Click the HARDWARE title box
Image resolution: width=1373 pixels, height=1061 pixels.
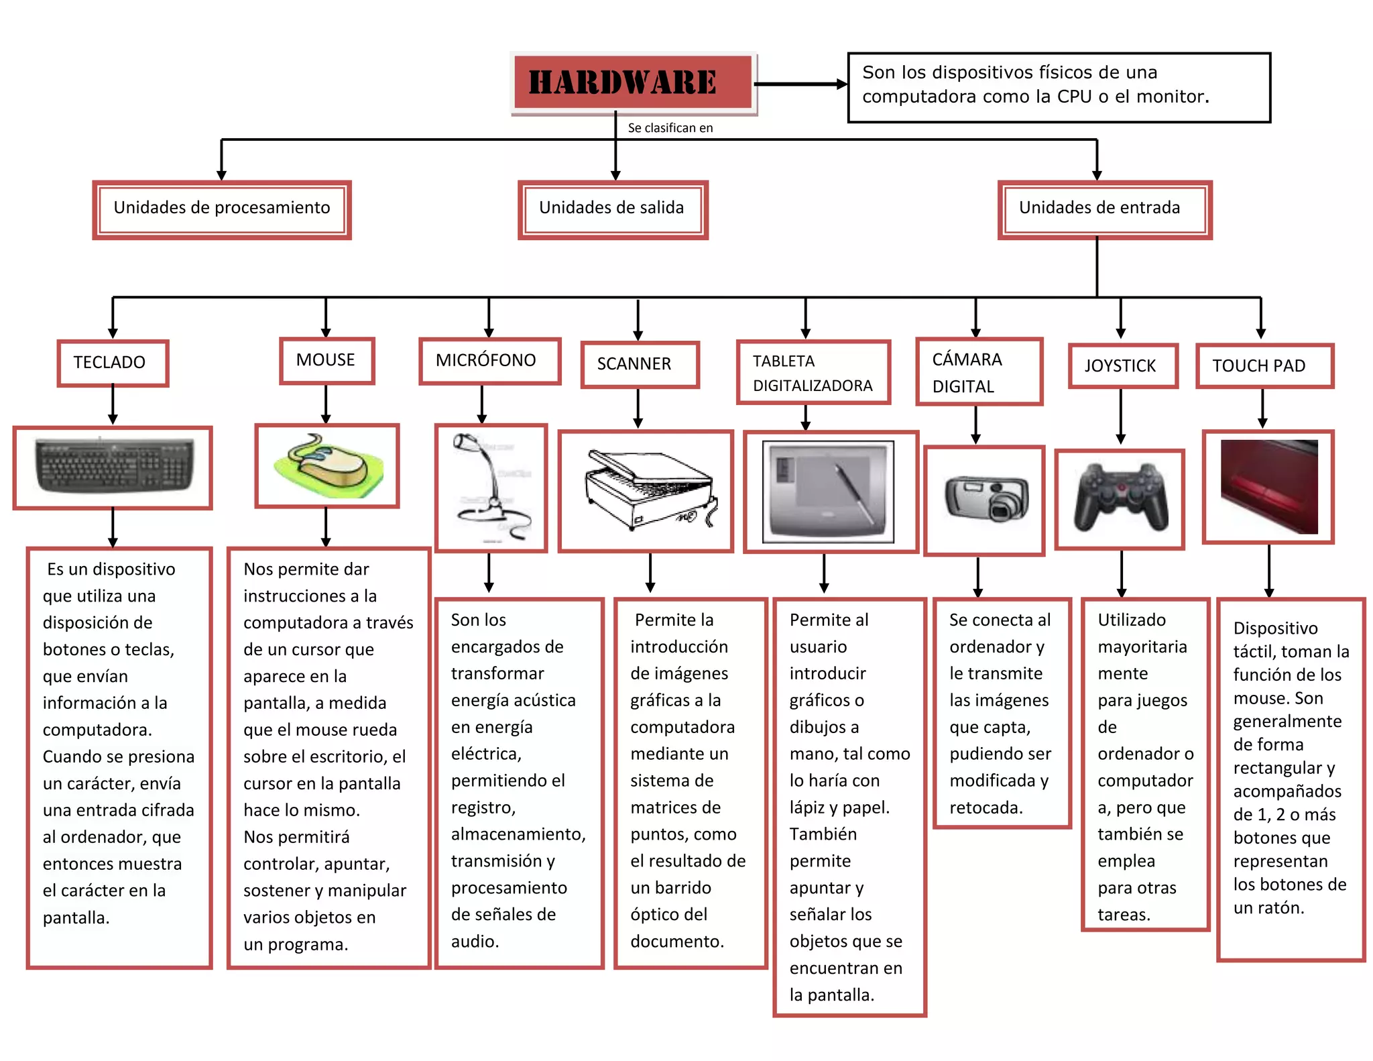pyautogui.click(x=633, y=82)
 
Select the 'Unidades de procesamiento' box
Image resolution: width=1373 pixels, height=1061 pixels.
pyautogui.click(x=222, y=209)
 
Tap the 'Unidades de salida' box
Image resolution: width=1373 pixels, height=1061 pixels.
pyautogui.click(x=613, y=209)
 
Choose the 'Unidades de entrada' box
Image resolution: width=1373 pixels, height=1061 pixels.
pyautogui.click(x=1104, y=209)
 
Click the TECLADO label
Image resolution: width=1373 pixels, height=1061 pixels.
pyautogui.click(x=113, y=363)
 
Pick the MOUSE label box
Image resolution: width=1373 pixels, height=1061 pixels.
pyautogui.click(x=326, y=360)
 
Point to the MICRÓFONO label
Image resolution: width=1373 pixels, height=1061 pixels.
pyautogui.click(x=489, y=361)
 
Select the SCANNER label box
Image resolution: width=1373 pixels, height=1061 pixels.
pyautogui.click(x=640, y=364)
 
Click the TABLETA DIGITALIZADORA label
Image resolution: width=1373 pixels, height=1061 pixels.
pyautogui.click(x=813, y=373)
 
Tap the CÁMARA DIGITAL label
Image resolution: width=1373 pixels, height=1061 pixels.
pyautogui.click(x=979, y=372)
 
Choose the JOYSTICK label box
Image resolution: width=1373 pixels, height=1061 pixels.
pyautogui.click(x=1123, y=366)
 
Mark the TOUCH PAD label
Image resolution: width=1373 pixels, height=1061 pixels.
pyautogui.click(x=1264, y=366)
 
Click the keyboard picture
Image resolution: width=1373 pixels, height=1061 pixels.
pyautogui.click(x=113, y=467)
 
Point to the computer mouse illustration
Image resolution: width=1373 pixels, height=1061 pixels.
pyautogui.click(x=327, y=465)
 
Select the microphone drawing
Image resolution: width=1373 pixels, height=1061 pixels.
pyautogui.click(x=491, y=488)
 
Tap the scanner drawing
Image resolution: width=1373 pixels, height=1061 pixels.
pyautogui.click(x=646, y=491)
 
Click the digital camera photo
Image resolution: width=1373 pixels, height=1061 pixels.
pyautogui.click(x=984, y=500)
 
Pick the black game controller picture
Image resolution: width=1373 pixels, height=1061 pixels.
pyautogui.click(x=1120, y=498)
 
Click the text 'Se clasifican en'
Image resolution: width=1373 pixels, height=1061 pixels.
pyautogui.click(x=670, y=128)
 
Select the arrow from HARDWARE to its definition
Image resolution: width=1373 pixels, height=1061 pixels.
pyautogui.click(x=801, y=85)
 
